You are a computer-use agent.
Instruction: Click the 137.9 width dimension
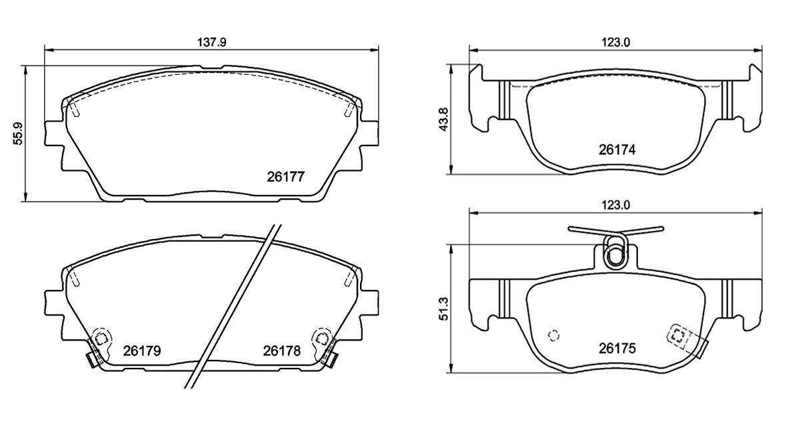tap(212, 43)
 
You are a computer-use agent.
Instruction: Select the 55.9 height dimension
tap(18, 134)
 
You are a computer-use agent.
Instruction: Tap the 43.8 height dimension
tap(443, 120)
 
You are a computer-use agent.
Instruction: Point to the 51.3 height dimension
tap(443, 309)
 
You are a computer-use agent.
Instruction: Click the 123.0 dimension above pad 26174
tap(616, 43)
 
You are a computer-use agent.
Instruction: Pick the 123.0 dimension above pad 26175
tap(616, 205)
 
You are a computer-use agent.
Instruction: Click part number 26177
tap(286, 177)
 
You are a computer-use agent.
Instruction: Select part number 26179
tap(142, 351)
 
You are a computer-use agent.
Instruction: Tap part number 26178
tap(282, 351)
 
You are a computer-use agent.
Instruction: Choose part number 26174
tap(617, 150)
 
